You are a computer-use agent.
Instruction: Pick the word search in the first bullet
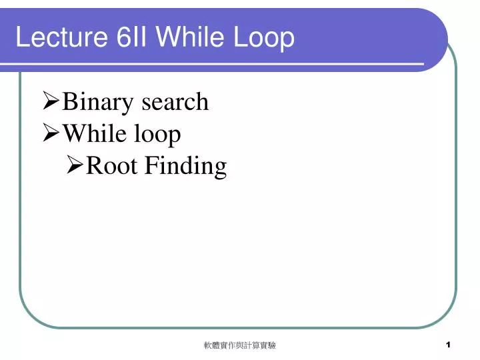coord(175,102)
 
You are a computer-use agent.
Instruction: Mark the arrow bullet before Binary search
coord(51,103)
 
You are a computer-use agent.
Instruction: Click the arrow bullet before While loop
coord(51,135)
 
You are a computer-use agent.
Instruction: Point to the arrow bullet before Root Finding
coord(75,166)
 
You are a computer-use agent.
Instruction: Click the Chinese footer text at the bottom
coord(240,345)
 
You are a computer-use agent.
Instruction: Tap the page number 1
coord(449,345)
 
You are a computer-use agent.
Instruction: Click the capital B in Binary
coord(69,102)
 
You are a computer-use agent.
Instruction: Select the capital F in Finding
coord(151,165)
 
